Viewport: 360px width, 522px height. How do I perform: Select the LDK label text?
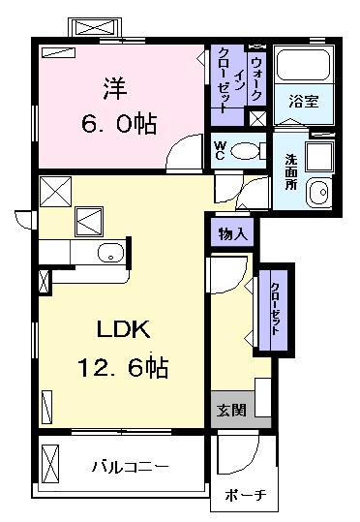tap(121, 330)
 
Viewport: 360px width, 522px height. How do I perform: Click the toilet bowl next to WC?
tap(249, 150)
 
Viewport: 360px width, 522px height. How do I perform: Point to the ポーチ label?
tap(244, 497)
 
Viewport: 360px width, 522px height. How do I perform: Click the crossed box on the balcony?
tap(51, 462)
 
